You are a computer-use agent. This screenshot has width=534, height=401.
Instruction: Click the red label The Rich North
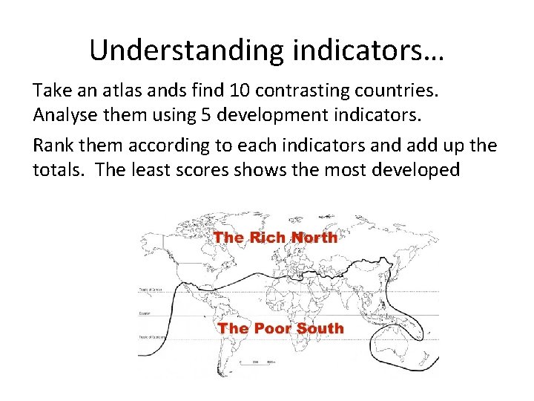[x=275, y=238]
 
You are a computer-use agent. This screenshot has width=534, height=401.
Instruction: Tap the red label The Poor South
[x=280, y=328]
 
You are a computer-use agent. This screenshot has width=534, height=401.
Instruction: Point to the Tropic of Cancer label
[x=151, y=290]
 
